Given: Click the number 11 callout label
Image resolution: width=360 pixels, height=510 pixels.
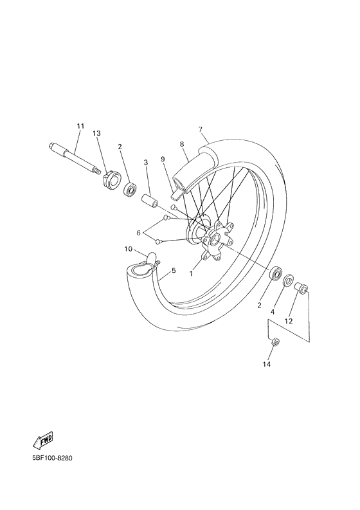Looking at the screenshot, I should pyautogui.click(x=80, y=125).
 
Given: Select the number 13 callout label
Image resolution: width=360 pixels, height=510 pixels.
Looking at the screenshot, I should pyautogui.click(x=96, y=133).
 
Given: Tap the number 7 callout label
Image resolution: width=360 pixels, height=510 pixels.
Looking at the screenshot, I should pyautogui.click(x=200, y=129).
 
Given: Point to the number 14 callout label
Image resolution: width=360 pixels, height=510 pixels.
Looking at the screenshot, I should pyautogui.click(x=266, y=365).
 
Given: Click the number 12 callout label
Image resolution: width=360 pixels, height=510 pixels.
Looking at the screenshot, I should pyautogui.click(x=289, y=320).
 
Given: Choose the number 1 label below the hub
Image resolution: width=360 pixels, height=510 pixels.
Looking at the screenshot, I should pyautogui.click(x=190, y=273).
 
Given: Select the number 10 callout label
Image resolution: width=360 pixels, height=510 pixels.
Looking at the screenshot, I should pyautogui.click(x=128, y=248).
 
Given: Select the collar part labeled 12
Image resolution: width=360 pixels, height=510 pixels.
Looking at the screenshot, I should pyautogui.click(x=300, y=290).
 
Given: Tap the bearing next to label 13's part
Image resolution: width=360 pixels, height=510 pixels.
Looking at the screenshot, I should pyautogui.click(x=131, y=189).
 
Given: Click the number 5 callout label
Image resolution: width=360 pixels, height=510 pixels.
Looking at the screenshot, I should pyautogui.click(x=174, y=271).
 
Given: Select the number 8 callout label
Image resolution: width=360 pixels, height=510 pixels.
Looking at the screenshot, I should pyautogui.click(x=182, y=145).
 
